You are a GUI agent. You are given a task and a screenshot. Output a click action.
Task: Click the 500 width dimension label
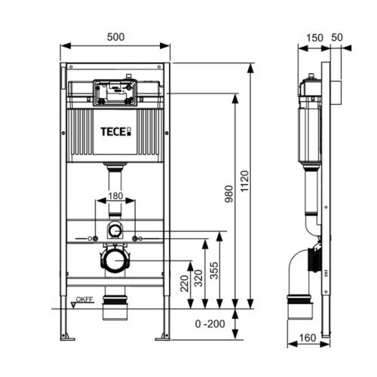point(115,37)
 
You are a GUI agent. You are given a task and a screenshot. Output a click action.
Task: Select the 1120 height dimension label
point(244,181)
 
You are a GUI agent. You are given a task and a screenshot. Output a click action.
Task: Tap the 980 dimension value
point(229,194)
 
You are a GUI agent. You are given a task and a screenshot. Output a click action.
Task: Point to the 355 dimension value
point(214,271)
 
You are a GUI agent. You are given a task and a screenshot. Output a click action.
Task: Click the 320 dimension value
point(199,278)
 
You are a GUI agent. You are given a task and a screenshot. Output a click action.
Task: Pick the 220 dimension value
point(185,284)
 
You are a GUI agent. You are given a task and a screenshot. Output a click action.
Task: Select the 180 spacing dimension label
point(115,196)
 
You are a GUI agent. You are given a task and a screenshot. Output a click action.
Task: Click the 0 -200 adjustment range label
point(210,324)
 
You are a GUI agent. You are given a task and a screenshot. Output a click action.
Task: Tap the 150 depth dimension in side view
point(314,38)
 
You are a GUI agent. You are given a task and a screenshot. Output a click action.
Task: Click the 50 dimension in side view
point(337,38)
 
